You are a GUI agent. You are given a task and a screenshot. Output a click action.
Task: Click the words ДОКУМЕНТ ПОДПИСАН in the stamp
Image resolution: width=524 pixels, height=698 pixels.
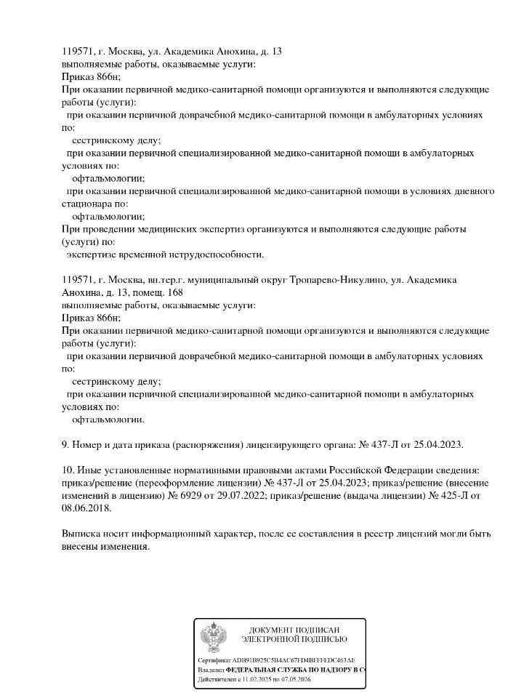(x=294, y=630)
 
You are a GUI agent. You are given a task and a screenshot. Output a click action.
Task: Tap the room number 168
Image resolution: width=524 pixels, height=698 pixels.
(x=175, y=292)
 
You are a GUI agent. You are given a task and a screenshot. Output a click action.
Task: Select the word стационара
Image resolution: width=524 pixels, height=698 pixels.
(x=86, y=204)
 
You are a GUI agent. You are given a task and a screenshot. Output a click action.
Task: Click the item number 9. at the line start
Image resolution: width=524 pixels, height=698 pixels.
(x=67, y=444)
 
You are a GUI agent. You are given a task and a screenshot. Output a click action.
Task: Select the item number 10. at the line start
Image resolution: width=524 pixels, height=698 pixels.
(x=69, y=470)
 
